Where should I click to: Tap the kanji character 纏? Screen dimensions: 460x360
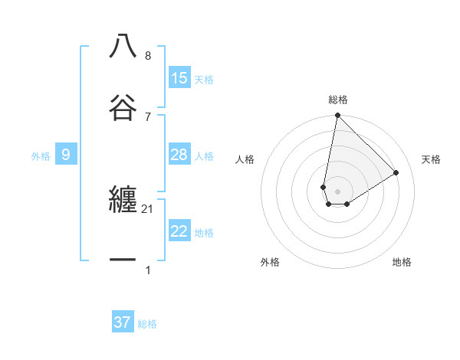(123, 200)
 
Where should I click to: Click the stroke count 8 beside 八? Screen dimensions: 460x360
(148, 56)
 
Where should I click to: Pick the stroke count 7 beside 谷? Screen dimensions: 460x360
(148, 116)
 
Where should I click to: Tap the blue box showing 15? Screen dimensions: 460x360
(179, 77)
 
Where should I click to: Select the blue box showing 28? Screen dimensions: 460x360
(179, 155)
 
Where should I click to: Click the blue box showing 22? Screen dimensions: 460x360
(179, 231)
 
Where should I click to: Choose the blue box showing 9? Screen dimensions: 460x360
(66, 155)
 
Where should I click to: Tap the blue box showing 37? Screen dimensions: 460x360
(122, 322)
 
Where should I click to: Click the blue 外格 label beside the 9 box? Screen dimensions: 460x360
(41, 156)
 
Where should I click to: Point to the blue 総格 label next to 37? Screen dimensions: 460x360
(147, 324)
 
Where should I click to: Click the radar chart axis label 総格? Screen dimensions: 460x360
(338, 100)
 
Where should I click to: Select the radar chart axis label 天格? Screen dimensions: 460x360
(431, 159)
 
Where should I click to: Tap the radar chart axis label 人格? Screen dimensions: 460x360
(245, 159)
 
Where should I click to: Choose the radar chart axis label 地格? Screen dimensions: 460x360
(402, 262)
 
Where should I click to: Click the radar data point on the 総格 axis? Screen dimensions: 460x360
(337, 116)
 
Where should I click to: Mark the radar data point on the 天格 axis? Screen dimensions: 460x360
(396, 173)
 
